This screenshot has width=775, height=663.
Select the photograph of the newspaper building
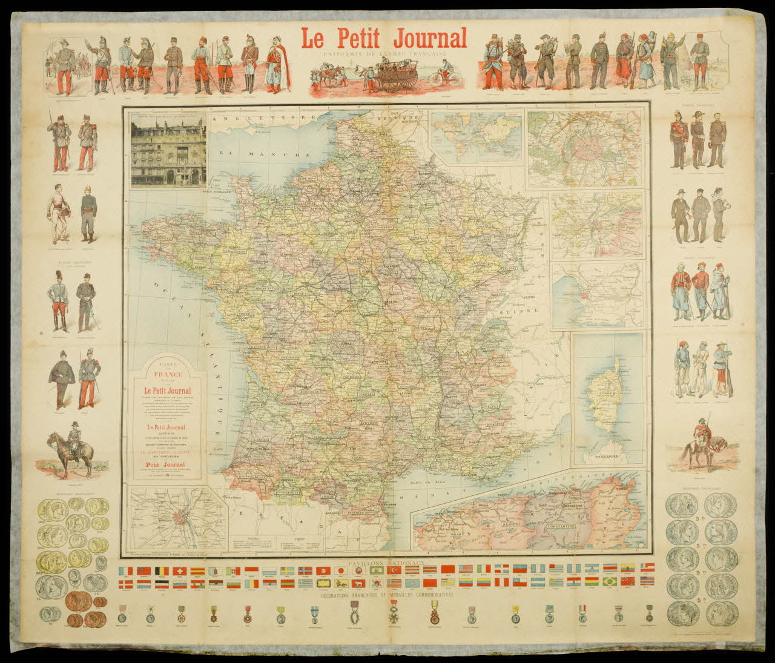click(168, 149)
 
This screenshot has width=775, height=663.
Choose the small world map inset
click(475, 136)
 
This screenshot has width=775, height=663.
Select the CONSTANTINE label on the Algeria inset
click(570, 527)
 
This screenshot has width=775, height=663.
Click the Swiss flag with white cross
click(179, 571)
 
